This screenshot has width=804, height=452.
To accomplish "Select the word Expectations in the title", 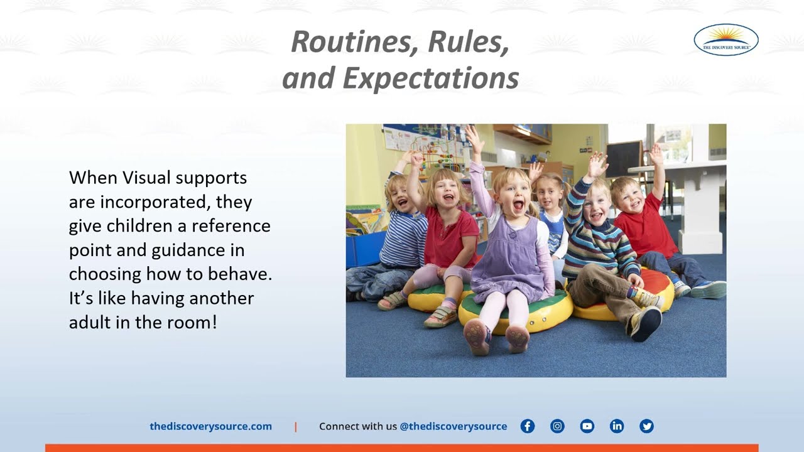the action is [x=431, y=78].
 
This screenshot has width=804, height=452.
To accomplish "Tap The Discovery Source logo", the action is [x=726, y=40].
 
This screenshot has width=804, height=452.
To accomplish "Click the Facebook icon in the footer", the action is [x=527, y=426].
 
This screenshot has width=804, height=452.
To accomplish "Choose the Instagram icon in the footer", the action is [x=557, y=426].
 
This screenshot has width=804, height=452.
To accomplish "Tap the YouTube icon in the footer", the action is [x=587, y=426].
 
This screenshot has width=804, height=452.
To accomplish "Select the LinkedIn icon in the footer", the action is [x=617, y=426].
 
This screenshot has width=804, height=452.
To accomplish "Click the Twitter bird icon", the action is [x=646, y=426].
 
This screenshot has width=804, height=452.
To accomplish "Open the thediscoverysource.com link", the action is [x=210, y=426].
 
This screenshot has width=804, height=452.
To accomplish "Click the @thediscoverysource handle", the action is [x=454, y=426].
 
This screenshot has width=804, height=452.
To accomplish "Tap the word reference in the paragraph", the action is [x=231, y=226].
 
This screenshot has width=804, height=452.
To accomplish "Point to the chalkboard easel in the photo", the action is [x=624, y=159].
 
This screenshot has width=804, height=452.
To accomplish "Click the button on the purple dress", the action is [x=513, y=235].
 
